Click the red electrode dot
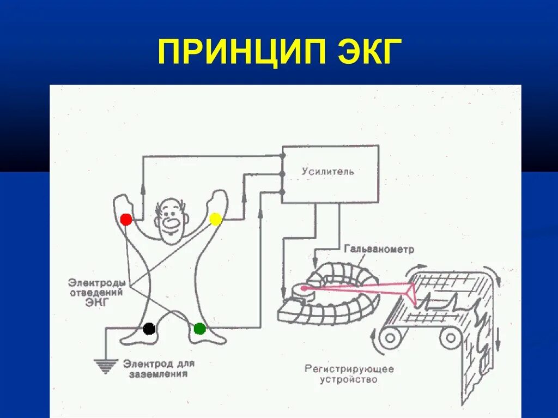pyautogui.click(x=126, y=220)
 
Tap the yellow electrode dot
pyautogui.click(x=215, y=219)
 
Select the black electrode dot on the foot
pyautogui.click(x=149, y=329)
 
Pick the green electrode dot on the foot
pyautogui.click(x=199, y=329)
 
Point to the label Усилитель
pyautogui.click(x=328, y=172)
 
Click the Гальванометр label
pyautogui.click(x=379, y=249)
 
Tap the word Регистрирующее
pyautogui.click(x=349, y=369)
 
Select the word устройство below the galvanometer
pyautogui.click(x=349, y=379)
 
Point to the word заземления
pyautogui.click(x=158, y=374)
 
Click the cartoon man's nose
pyautogui.click(x=171, y=223)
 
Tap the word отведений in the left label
pyautogui.click(x=95, y=293)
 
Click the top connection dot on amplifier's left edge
pyautogui.click(x=282, y=156)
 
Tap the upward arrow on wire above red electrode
pyautogui.click(x=143, y=189)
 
